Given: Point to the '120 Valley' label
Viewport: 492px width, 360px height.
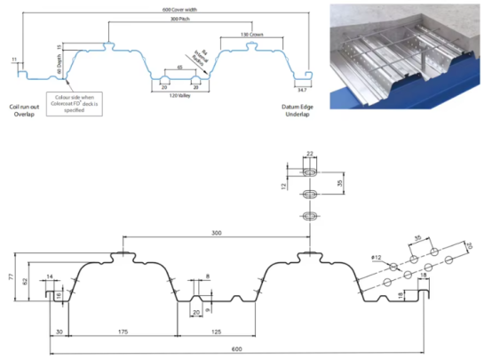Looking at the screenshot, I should [179, 95].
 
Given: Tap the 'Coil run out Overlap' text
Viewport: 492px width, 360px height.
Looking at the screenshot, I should [20, 109].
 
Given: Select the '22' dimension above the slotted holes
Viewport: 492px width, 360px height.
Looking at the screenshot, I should [310, 154].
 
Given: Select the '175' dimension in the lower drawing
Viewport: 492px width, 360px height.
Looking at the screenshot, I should [122, 331].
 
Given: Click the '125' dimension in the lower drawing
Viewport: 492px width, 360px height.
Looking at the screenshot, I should [216, 331].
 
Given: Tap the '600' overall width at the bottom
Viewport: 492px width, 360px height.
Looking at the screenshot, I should [236, 349].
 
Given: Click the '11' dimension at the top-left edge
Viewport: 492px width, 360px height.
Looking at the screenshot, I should [14, 60].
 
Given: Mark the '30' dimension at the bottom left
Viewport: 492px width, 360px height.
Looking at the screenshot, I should [59, 331].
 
